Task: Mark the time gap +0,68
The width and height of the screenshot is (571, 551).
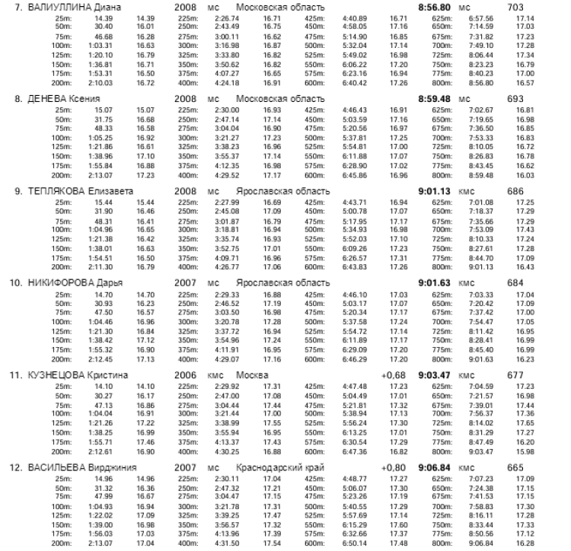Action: (394, 374)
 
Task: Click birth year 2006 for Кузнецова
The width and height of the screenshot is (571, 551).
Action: (186, 374)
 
